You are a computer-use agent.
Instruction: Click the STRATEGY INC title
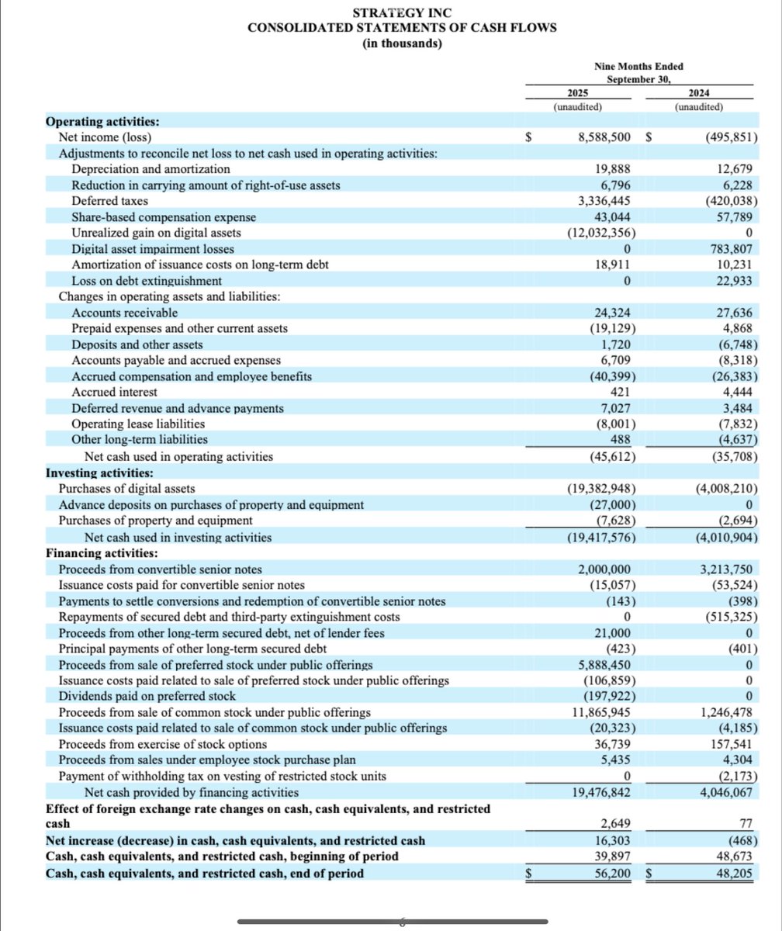click(401, 13)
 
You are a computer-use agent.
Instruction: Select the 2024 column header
click(700, 92)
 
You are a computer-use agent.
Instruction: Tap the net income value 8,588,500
click(608, 137)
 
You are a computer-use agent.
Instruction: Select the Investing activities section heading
click(99, 472)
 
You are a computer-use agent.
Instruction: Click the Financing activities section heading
click(102, 553)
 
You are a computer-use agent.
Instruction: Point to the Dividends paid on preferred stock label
click(147, 696)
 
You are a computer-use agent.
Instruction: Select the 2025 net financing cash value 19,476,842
click(605, 792)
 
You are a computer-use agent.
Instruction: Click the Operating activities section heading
click(102, 122)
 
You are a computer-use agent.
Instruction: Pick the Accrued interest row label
click(114, 392)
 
